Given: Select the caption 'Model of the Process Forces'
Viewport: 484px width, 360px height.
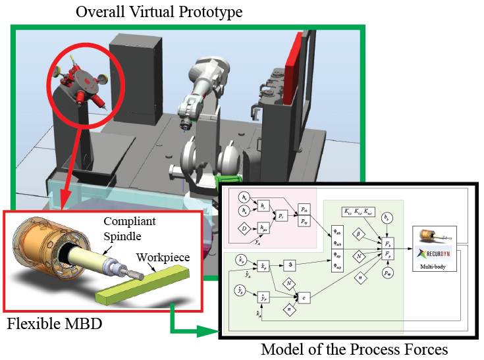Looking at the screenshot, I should (355, 349).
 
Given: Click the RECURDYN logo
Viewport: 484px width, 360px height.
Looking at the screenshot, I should (435, 252).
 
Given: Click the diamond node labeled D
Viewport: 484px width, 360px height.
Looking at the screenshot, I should (244, 229).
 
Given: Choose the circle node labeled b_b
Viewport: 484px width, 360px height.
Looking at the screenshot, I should (388, 217).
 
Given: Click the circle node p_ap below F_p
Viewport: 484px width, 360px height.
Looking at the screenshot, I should (388, 271).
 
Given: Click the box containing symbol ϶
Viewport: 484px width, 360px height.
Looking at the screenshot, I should (288, 266).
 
